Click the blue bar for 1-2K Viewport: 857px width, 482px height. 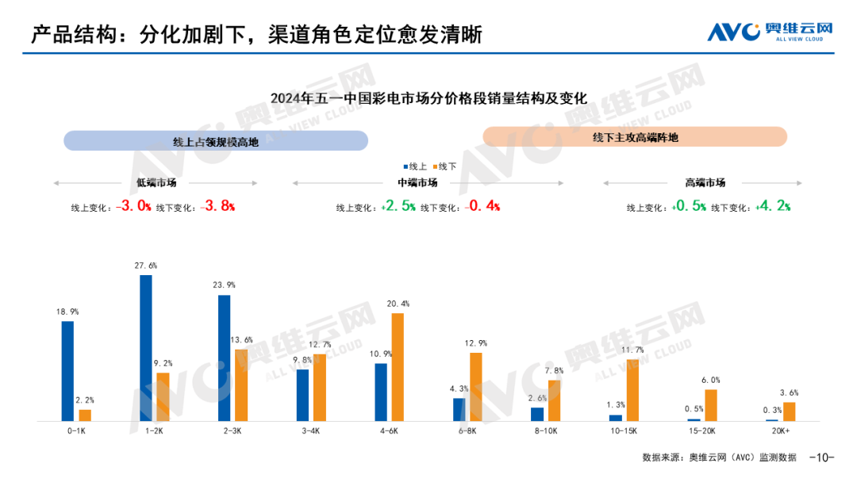[x=146, y=347]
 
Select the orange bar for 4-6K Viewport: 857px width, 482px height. [x=398, y=366]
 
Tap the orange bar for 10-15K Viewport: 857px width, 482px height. [x=632, y=389]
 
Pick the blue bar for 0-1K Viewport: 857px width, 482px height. [x=67, y=370]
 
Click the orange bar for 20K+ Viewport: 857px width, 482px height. [x=789, y=411]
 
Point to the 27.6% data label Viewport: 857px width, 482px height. [x=145, y=266]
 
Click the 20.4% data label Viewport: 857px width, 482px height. [x=398, y=304]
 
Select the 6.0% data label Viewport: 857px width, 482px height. [x=710, y=381]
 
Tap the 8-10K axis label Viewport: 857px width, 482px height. [x=546, y=430]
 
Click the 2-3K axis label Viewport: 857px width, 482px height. [x=232, y=430]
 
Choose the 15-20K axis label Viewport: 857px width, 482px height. [x=702, y=430]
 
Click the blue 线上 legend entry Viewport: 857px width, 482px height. [x=415, y=166]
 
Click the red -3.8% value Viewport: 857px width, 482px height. [x=218, y=206]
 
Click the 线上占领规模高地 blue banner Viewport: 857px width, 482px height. [x=216, y=141]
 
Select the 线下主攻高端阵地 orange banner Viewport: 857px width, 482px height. [x=635, y=137]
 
